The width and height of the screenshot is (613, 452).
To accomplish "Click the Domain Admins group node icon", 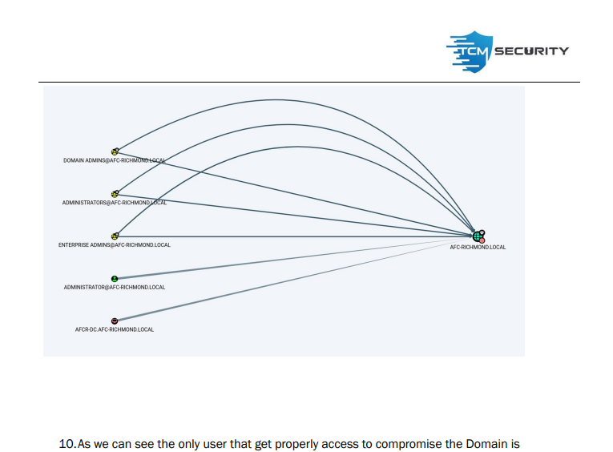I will pos(115,151).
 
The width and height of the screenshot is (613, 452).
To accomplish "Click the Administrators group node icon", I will pos(115,194).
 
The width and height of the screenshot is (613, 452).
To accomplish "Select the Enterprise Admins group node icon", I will pos(115,236).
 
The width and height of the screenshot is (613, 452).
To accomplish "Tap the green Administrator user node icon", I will pos(115,279).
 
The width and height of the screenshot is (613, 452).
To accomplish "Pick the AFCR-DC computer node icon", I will pos(115,321).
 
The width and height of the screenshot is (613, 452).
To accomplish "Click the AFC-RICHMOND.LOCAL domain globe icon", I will pos(478,236).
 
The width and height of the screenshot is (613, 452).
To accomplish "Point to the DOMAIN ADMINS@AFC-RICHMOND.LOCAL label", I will pos(114,160).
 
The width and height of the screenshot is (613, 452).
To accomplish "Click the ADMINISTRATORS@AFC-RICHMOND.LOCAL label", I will pos(114,203).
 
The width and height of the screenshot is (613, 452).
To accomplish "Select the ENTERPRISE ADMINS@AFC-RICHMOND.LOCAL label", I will pos(114,245).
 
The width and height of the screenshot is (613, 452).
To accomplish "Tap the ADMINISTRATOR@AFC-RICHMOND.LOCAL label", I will pos(115,287).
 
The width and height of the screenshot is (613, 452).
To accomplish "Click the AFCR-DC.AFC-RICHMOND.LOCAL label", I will pos(115,329).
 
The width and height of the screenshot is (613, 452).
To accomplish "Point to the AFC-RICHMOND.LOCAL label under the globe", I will pos(478,247).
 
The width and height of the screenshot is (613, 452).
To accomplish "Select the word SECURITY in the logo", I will pos(532,51).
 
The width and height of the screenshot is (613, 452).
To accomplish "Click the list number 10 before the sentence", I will pos(67,443).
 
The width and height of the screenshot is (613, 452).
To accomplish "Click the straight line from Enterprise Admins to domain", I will pos(296,236).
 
